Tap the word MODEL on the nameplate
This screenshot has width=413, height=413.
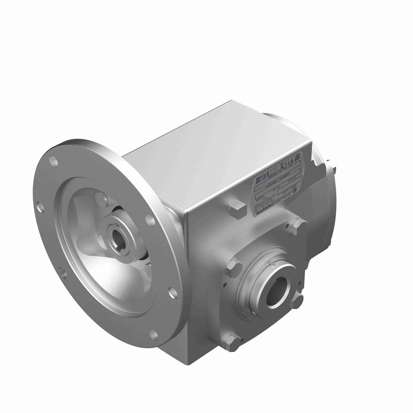point(259,199)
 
